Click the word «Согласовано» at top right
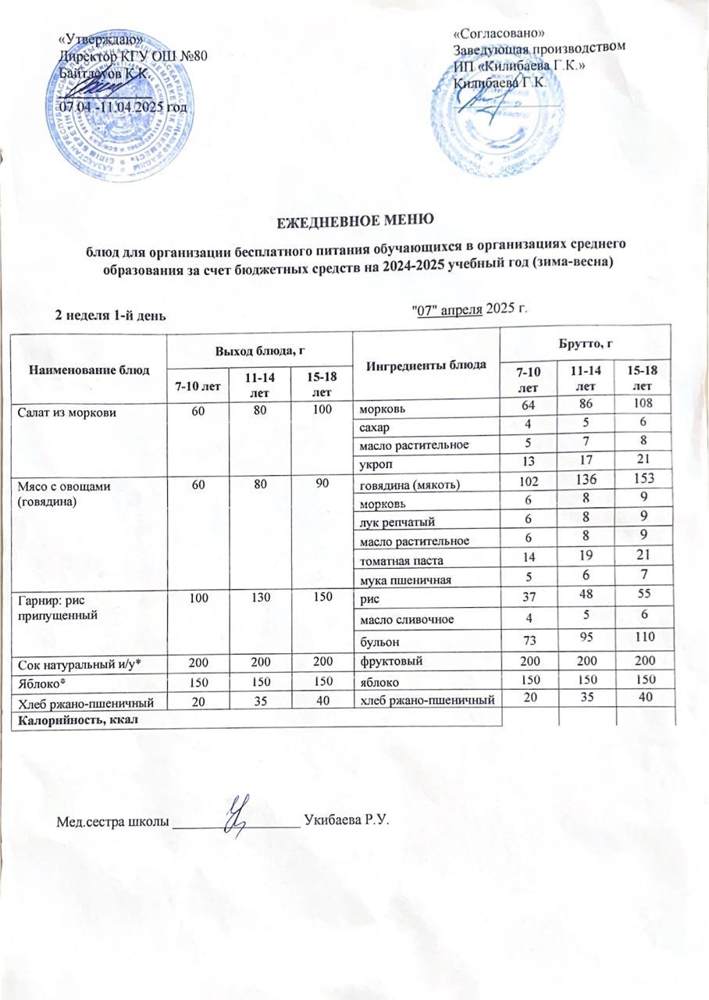pos(499,32)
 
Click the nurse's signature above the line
pos(238,815)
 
